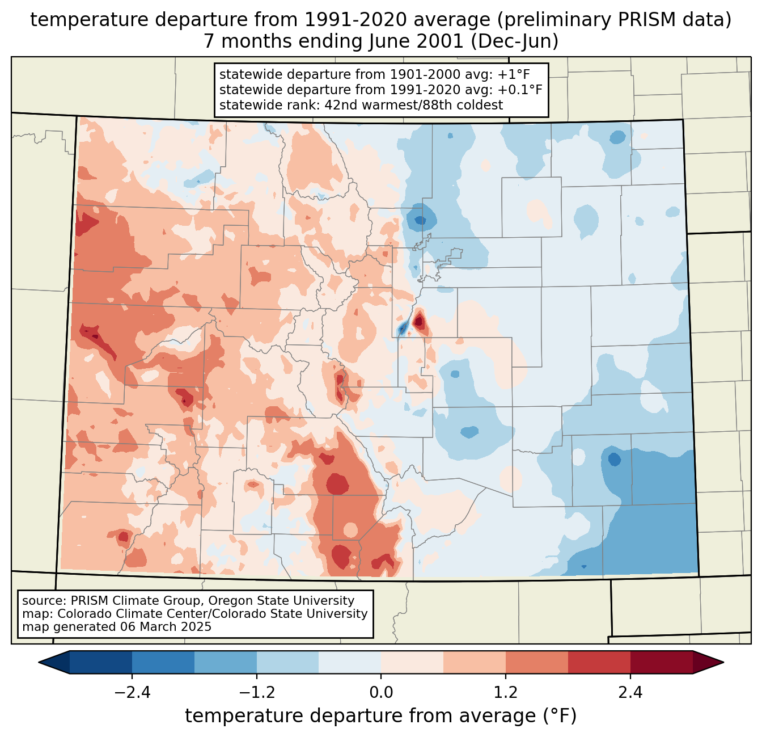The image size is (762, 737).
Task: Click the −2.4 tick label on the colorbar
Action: pyautogui.click(x=132, y=693)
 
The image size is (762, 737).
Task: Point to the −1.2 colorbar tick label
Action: pyautogui.click(x=256, y=693)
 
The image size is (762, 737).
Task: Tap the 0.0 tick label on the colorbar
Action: pyautogui.click(x=381, y=693)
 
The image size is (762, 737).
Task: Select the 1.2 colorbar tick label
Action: pyautogui.click(x=506, y=693)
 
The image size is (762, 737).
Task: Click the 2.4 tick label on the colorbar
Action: pyautogui.click(x=630, y=693)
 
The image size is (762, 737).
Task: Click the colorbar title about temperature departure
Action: pyautogui.click(x=381, y=716)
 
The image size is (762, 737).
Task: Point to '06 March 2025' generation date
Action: pyautogui.click(x=166, y=627)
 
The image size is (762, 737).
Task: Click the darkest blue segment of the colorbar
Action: pyautogui.click(x=101, y=662)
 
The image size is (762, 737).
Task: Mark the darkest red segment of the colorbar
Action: pyautogui.click(x=661, y=662)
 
